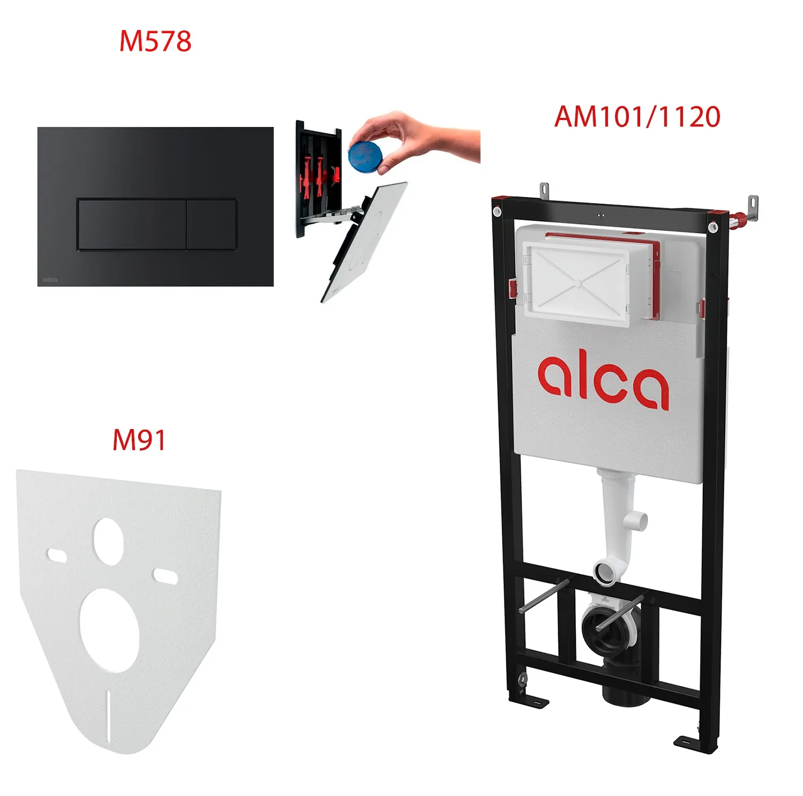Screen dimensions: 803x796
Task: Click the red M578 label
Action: point(155,41)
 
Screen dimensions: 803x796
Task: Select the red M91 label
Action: point(139,440)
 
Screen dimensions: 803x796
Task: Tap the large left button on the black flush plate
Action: point(132,224)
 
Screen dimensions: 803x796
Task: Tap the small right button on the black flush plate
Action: point(212,224)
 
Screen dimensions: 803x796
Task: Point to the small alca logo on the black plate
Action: point(50,280)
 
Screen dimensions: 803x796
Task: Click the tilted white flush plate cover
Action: point(364,241)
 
